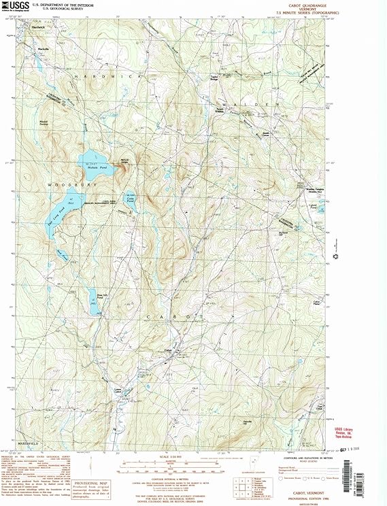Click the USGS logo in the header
(19, 6)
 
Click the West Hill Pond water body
(94, 299)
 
